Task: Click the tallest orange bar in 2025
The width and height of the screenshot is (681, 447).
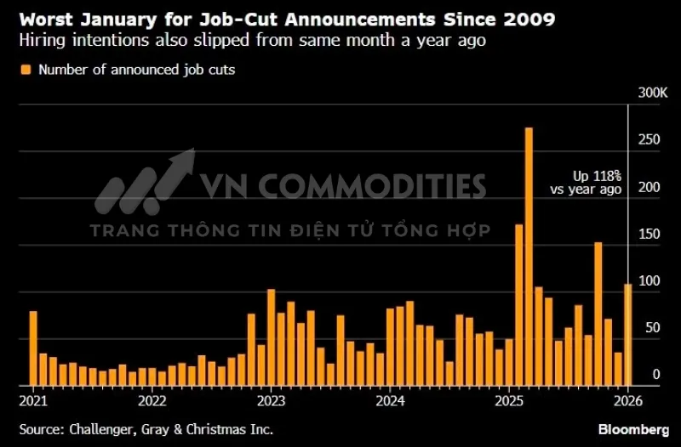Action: pos(529,255)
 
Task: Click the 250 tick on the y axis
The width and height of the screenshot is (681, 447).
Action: pos(650,139)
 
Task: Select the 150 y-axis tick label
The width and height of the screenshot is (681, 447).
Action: pos(650,234)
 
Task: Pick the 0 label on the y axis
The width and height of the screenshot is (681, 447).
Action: pos(655,375)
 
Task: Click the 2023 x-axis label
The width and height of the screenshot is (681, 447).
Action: pos(271,399)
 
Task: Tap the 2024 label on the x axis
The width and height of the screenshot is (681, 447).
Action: pos(390,399)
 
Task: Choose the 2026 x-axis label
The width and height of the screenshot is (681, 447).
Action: pos(627,399)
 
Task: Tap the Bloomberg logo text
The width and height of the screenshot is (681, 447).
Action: pos(631,429)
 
